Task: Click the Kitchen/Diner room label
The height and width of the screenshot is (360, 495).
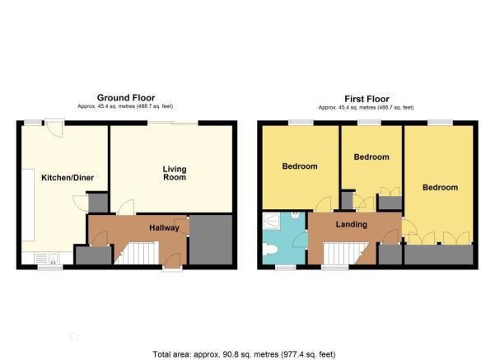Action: click(x=68, y=178)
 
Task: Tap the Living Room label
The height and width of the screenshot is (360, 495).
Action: click(x=175, y=173)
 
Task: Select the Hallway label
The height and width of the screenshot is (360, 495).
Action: click(x=164, y=227)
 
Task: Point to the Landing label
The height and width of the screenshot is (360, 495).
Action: click(x=352, y=224)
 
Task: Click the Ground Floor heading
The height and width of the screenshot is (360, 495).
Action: click(x=126, y=97)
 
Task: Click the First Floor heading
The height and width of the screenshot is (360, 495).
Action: click(x=367, y=99)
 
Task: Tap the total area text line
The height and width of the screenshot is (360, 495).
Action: click(x=244, y=354)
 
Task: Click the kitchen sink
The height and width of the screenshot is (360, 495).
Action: click(x=48, y=258)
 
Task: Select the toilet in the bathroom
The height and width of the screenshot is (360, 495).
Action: click(x=269, y=250)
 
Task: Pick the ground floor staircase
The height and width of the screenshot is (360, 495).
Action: click(x=137, y=253)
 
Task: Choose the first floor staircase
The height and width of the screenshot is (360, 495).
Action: click(x=346, y=253)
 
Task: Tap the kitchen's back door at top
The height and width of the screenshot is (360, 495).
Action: click(x=54, y=129)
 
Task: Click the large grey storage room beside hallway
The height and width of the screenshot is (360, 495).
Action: click(x=211, y=240)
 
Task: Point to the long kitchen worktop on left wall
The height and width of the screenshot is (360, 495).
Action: click(x=28, y=205)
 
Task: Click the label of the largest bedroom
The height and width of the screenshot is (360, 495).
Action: click(x=440, y=188)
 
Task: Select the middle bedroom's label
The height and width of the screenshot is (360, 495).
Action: click(x=371, y=157)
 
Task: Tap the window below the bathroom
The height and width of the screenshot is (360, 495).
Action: click(x=285, y=268)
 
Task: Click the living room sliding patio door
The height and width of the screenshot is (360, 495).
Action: click(x=173, y=123)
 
